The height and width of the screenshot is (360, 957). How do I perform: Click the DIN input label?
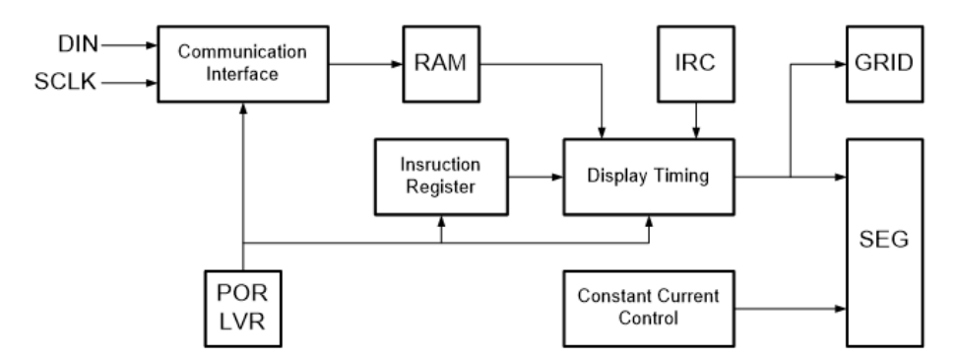coord(78,44)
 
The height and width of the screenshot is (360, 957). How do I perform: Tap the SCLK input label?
coord(65,82)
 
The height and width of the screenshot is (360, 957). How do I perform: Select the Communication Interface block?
coord(243,63)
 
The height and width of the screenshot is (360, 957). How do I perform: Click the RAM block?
coord(441,63)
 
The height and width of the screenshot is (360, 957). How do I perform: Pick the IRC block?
coord(696,63)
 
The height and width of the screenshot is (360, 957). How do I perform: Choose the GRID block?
coord(884,63)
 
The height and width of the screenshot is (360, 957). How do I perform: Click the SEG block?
coord(884,243)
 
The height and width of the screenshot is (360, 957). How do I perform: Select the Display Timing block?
coord(649,177)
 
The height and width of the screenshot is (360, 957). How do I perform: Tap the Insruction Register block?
coord(441,177)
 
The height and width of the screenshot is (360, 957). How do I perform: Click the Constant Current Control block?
coord(649,309)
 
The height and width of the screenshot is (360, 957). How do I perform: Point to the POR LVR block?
coord(243,309)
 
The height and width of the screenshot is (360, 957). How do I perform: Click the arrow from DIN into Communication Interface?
coord(129,44)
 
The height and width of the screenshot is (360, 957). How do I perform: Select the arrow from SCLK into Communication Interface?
coord(129,83)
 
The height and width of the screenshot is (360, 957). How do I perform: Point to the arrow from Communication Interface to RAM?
coord(366,63)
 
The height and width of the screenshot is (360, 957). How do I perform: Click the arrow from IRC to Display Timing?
coord(696,120)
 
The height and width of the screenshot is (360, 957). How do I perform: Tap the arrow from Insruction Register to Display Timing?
coord(536,178)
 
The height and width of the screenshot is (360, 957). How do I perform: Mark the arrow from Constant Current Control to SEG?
coord(791,309)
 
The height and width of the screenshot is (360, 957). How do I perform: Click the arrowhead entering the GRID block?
coord(841,63)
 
